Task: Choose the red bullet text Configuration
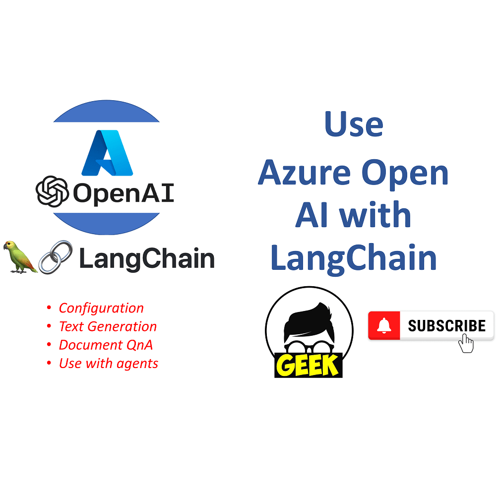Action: [101, 308]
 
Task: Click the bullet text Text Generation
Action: [108, 326]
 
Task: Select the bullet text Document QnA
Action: [106, 345]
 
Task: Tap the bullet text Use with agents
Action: [108, 363]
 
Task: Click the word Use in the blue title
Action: [354, 124]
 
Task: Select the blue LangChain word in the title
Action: [354, 258]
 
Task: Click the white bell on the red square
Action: [384, 325]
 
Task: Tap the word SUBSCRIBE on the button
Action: [446, 326]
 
